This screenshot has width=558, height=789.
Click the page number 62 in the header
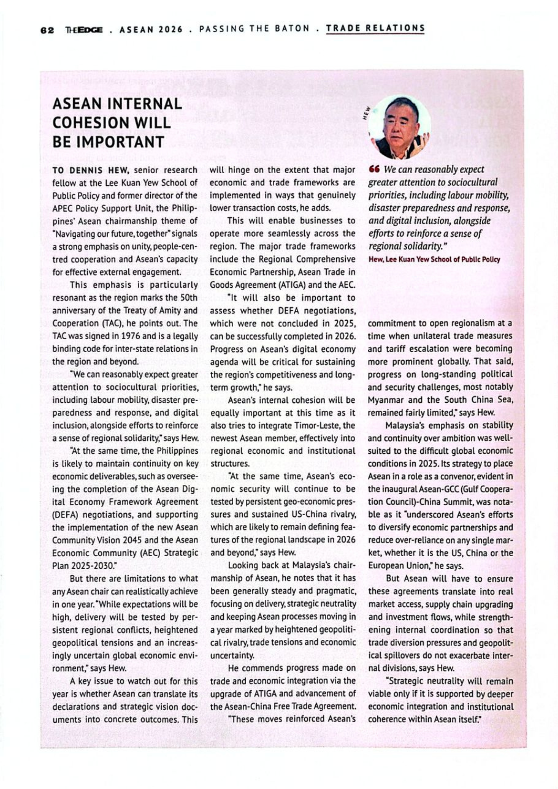pos(47,30)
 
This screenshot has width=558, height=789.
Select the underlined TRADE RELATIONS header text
pos(375,28)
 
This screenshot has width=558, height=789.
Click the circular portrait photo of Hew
pos(399,127)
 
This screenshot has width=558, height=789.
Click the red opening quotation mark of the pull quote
pos(374,169)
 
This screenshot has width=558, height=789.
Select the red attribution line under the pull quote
pos(434,260)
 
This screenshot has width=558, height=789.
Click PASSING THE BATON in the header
pos(254,29)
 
